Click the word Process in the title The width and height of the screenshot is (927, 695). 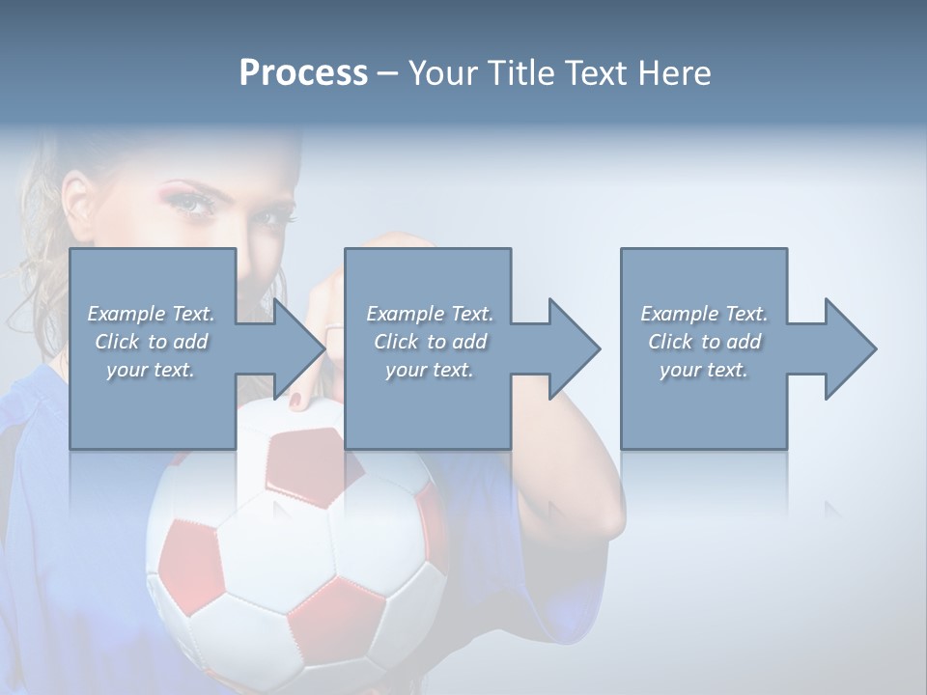pos(303,73)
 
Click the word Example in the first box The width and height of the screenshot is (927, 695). pos(126,314)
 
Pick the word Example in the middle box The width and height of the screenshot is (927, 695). pos(405,314)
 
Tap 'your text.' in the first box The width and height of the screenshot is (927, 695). pos(151,370)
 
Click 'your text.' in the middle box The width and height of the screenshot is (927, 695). pos(430,370)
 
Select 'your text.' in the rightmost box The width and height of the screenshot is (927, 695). pos(704,370)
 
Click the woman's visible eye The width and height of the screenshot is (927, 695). pos(194,205)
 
